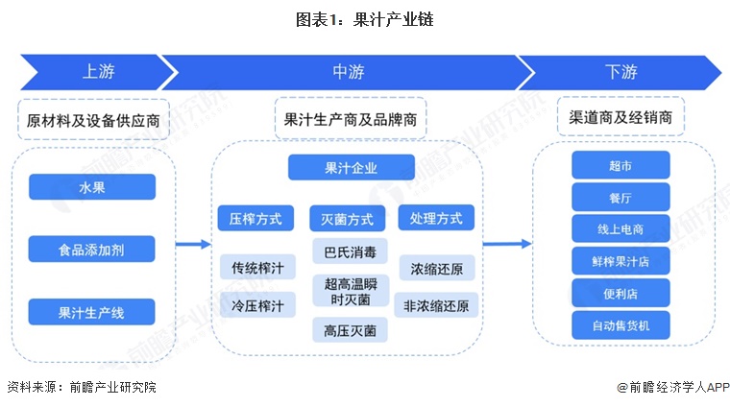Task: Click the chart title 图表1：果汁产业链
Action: (364, 18)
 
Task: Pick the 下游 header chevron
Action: (620, 70)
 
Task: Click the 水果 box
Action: (92, 187)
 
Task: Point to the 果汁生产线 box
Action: (92, 311)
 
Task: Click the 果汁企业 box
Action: (351, 168)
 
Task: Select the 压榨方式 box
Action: (255, 218)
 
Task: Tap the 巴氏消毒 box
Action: (351, 253)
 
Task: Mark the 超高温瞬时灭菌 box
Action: (351, 292)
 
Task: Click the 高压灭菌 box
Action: (351, 330)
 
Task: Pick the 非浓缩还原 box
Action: (437, 306)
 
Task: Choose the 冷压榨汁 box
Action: (255, 306)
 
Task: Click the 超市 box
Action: (620, 165)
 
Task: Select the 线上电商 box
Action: (620, 228)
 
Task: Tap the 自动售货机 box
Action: (620, 324)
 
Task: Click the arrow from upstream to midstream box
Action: (192, 244)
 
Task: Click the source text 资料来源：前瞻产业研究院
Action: (81, 387)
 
